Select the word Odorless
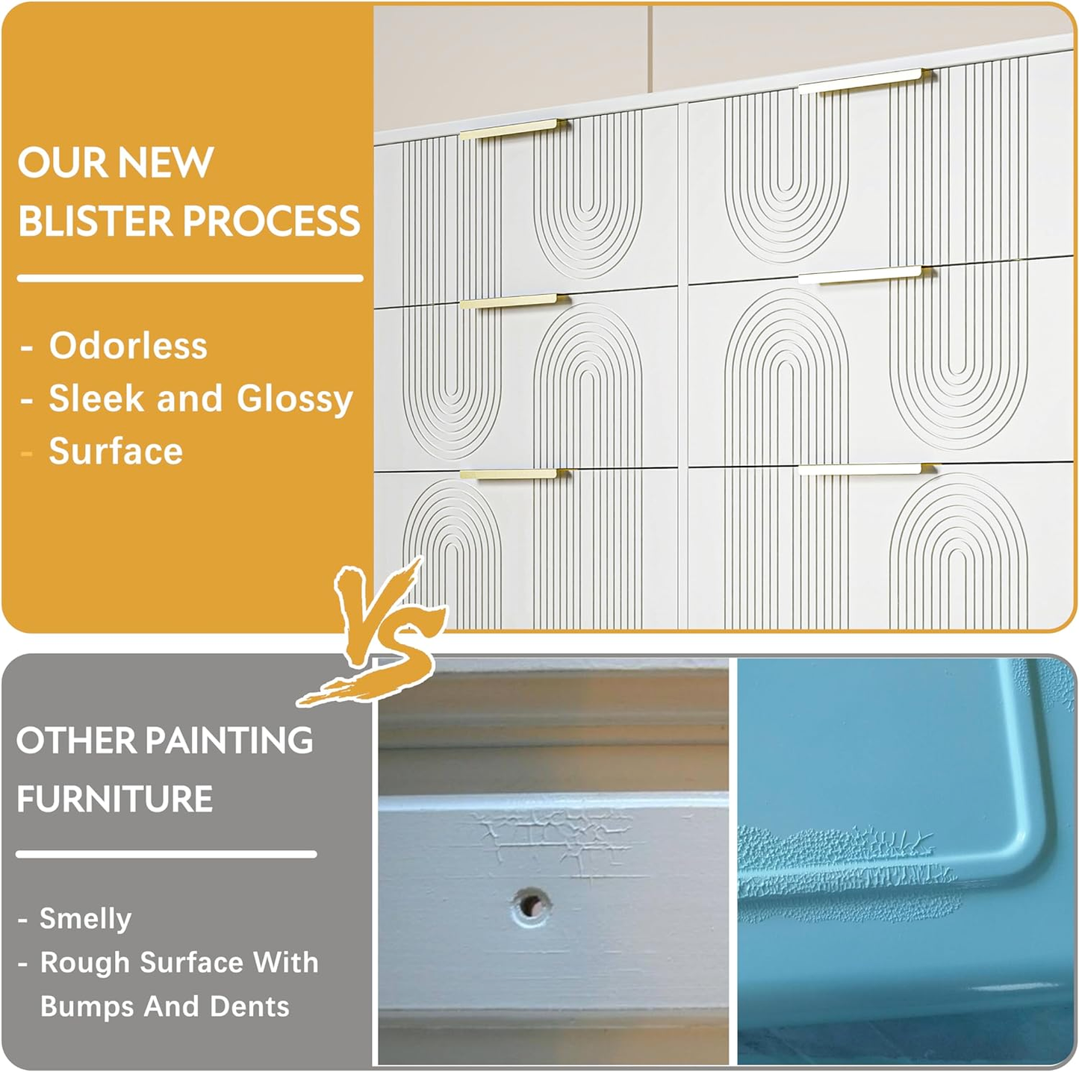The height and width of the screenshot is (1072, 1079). pyautogui.click(x=128, y=346)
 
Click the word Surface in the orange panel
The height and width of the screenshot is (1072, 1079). pyautogui.click(x=116, y=452)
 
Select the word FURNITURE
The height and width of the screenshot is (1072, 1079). pyautogui.click(x=115, y=799)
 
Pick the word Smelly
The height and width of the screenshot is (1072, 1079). pyautogui.click(x=85, y=919)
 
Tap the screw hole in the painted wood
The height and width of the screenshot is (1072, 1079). pyautogui.click(x=531, y=906)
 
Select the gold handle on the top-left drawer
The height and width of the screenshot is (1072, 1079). pyautogui.click(x=510, y=130)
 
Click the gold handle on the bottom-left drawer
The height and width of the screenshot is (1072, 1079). pyautogui.click(x=510, y=474)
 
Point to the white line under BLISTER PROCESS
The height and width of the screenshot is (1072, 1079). pyautogui.click(x=190, y=278)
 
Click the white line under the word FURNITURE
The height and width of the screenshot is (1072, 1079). pyautogui.click(x=167, y=854)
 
